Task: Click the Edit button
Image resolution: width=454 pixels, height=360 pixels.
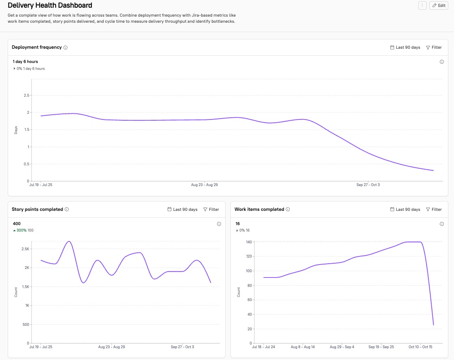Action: coord(439,5)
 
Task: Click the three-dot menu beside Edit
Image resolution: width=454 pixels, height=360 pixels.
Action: coord(422,5)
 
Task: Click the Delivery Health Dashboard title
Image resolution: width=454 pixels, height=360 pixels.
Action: coord(50,5)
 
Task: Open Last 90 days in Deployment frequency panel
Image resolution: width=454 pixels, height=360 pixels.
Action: coord(405,48)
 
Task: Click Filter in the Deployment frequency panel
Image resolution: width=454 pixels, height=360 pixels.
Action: coord(434,48)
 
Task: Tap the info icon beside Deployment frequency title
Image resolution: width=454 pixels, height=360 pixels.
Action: coord(65,48)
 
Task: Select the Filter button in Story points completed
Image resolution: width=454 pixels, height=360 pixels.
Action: coord(211,210)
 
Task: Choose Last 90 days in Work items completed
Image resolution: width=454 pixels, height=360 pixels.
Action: coord(405,210)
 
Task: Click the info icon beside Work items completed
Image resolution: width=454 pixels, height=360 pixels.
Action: coord(288,210)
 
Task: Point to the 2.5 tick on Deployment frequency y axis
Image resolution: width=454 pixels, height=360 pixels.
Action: coord(26,95)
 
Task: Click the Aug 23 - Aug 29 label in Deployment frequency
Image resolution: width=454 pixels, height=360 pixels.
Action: coord(204,185)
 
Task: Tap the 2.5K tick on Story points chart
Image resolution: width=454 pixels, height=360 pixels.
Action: coord(25,249)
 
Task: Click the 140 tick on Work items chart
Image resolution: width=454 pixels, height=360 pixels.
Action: coord(249,242)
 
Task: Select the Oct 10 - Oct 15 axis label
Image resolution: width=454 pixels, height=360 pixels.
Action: coord(420,347)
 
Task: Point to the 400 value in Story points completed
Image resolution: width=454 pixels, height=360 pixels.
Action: coord(17,223)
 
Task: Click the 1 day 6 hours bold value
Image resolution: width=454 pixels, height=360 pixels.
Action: coord(25,62)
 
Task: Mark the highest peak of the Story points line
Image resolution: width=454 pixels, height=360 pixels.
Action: coord(69,241)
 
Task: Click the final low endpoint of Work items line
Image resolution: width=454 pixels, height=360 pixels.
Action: coord(433,325)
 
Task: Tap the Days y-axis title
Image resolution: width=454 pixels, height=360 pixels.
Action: coord(16,130)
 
